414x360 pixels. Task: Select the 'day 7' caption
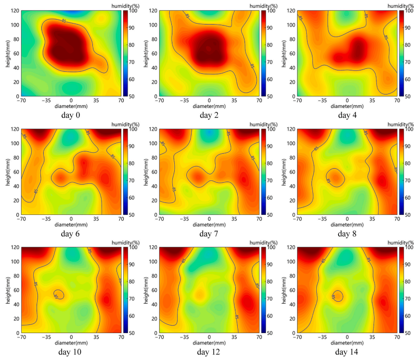[x=209, y=234]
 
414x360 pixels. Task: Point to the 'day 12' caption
[x=209, y=352]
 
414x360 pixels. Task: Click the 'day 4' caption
[x=347, y=116]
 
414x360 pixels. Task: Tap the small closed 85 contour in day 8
[x=335, y=177]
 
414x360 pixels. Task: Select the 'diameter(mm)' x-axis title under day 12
[x=209, y=343]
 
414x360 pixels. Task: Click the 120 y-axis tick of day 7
[x=153, y=129]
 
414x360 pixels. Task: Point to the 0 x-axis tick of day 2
[x=209, y=101]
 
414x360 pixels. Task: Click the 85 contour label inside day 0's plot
[x=63, y=21]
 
